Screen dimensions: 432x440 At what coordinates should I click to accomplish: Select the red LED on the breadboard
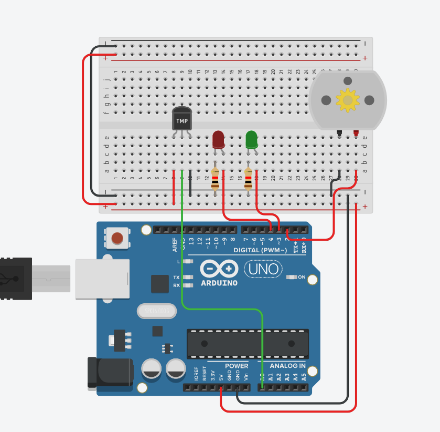pyautogui.click(x=218, y=140)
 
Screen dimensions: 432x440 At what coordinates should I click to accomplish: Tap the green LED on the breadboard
pyautogui.click(x=252, y=139)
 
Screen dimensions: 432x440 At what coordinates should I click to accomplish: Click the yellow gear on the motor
pyautogui.click(x=347, y=100)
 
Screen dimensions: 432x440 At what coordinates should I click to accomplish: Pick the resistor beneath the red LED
pyautogui.click(x=215, y=179)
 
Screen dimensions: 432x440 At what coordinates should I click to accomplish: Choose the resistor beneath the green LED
pyautogui.click(x=248, y=179)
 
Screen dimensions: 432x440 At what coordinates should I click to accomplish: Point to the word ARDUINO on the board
pyautogui.click(x=219, y=283)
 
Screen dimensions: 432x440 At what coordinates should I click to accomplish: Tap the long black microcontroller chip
pyautogui.click(x=246, y=344)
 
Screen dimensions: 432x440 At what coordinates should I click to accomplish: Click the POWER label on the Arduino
pyautogui.click(x=237, y=366)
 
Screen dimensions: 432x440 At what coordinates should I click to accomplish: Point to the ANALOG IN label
pyautogui.click(x=287, y=366)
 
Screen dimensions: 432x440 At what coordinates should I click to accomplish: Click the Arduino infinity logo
pyautogui.click(x=219, y=270)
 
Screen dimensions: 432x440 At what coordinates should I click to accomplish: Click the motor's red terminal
pyautogui.click(x=356, y=132)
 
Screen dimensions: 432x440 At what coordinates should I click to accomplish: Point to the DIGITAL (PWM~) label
pyautogui.click(x=260, y=251)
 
